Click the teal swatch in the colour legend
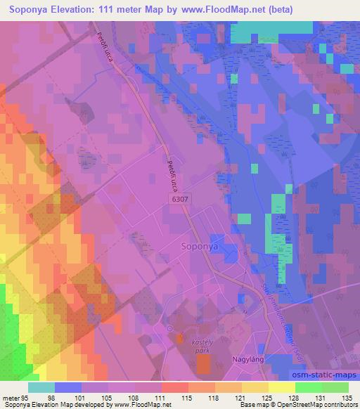tap(41, 387)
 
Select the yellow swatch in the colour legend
tap(281, 387)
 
